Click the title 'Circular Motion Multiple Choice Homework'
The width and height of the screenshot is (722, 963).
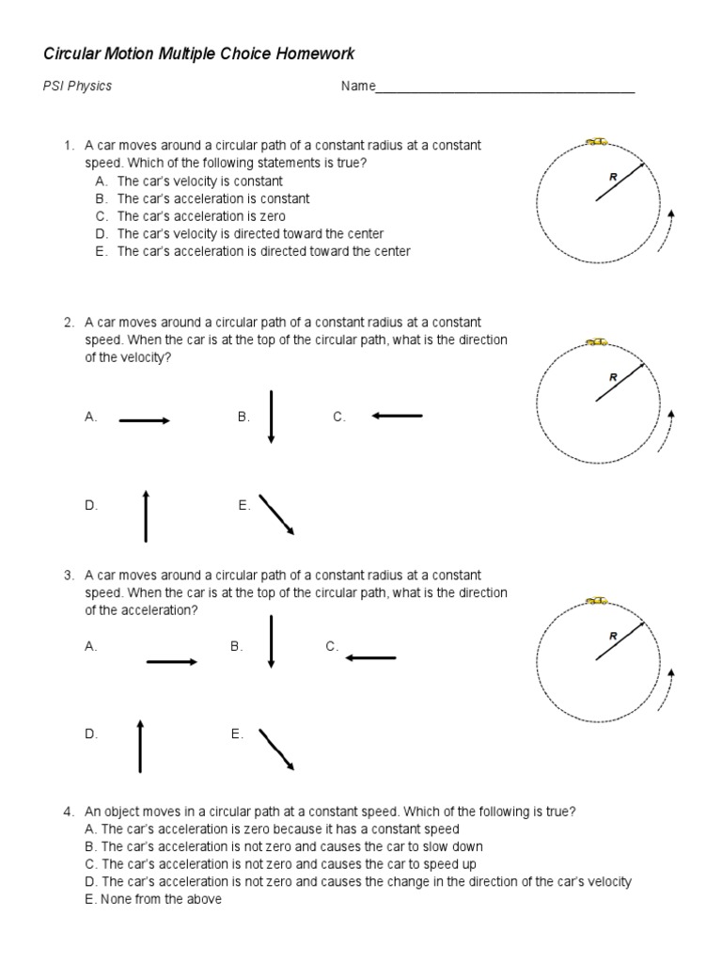pos(199,54)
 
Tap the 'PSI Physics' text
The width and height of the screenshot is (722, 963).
pos(78,87)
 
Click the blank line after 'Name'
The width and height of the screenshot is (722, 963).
pos(505,88)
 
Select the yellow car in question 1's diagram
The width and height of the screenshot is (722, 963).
pos(596,141)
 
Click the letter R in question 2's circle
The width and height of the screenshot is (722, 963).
pos(613,376)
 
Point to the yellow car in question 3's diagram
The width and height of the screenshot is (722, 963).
pos(596,600)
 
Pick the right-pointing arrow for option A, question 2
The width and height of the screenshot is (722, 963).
pos(144,421)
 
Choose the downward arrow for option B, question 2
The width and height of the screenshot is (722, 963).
pos(271,416)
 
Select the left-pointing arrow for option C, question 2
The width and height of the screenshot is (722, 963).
pos(398,416)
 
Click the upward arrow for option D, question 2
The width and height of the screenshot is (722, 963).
pos(146,515)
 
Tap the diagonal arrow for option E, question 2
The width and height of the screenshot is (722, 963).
pos(276,514)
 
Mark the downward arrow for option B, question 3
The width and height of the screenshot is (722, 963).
pos(271,641)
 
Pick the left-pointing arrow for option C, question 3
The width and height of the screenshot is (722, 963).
pos(371,658)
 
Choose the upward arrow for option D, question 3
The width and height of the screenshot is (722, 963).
pos(140,746)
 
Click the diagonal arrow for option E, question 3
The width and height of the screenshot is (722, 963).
pos(276,749)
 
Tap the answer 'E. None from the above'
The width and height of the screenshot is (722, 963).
pos(152,899)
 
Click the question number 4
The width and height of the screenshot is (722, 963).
pos(69,812)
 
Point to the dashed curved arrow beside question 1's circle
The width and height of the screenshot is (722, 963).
pos(666,231)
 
